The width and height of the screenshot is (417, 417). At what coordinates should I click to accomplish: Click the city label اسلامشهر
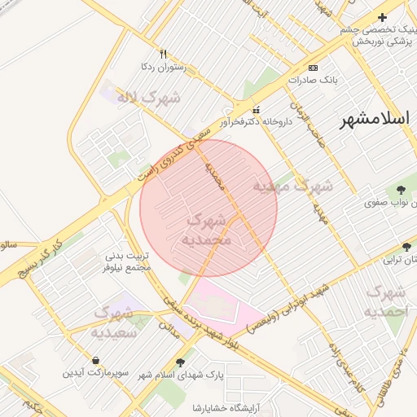click(x=377, y=120)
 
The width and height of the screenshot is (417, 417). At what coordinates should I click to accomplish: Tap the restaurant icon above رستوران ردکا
click(x=163, y=55)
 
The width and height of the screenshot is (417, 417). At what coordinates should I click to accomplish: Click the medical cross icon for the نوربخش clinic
click(x=382, y=17)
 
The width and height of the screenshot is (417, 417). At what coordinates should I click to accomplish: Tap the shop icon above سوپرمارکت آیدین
click(x=96, y=359)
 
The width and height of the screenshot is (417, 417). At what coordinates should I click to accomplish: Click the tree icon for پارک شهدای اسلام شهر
click(x=180, y=362)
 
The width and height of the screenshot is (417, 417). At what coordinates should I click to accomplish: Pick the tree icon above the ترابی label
click(x=406, y=246)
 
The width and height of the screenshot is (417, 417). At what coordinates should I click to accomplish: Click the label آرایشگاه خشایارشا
click(x=219, y=407)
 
